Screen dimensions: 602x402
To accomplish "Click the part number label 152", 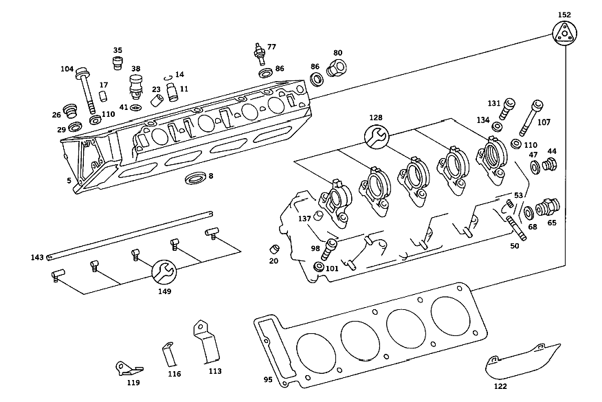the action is pos(564,15).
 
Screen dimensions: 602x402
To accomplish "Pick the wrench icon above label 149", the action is pos(164,272).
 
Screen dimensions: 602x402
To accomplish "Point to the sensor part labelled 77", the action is pos(260,54).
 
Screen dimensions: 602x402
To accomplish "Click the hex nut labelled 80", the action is pos(336,67).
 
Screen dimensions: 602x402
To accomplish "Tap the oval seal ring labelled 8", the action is pos(195,178).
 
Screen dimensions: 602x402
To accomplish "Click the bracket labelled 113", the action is pos(207,342).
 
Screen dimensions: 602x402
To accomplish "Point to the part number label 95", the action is pos(268,379).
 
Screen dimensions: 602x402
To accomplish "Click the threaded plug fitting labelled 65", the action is pos(548,208).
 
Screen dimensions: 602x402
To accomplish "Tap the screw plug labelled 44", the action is pos(550,165).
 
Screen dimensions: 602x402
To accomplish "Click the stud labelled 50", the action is pos(517,228).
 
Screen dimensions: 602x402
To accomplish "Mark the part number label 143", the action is pos(37,257).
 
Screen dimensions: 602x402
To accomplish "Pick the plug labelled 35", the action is pos(118,63).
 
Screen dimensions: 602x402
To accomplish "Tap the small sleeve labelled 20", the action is pos(274,249).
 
